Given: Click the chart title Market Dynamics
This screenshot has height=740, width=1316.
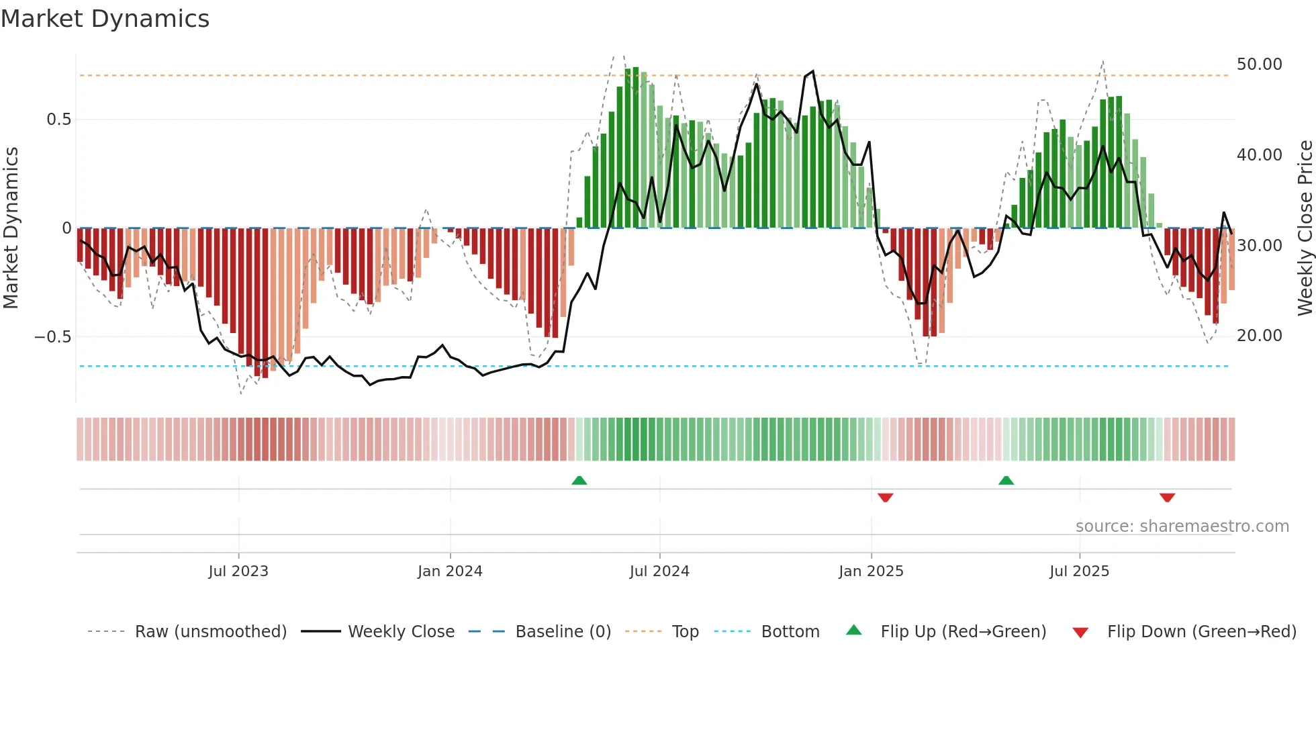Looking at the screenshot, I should [105, 19].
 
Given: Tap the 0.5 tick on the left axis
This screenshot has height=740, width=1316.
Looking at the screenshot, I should [58, 120].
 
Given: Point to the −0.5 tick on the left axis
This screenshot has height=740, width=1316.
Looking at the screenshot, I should [53, 336].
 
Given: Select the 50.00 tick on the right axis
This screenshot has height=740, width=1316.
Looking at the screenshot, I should [1259, 64].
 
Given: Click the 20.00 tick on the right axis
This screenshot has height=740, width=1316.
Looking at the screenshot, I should [1259, 336].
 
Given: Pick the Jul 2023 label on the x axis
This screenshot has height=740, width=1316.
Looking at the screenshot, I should [238, 571].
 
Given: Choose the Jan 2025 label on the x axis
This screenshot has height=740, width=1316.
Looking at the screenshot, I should [871, 571].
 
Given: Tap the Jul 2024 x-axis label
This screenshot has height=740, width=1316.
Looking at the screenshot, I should [659, 571].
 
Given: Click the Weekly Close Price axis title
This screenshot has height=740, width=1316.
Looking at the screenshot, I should [1305, 228].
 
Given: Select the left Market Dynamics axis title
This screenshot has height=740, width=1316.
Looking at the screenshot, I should [11, 228].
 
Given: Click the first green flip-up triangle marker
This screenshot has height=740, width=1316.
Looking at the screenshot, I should [579, 480].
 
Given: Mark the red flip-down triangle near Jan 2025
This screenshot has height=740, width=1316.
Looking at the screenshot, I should [885, 498].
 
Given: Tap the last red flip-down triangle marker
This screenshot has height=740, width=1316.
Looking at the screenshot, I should [1167, 498].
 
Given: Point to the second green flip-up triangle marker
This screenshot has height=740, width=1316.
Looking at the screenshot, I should [1006, 480].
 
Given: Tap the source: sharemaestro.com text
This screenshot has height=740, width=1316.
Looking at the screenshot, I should [1182, 526].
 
